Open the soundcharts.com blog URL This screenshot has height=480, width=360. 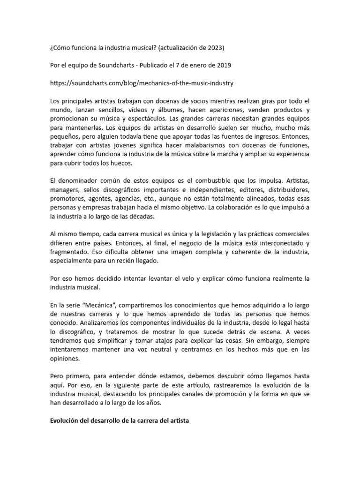[x=142, y=83]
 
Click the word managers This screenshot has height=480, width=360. [x=65, y=190]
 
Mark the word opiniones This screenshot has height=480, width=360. [x=66, y=359]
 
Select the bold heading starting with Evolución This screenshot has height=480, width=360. [x=120, y=421]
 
